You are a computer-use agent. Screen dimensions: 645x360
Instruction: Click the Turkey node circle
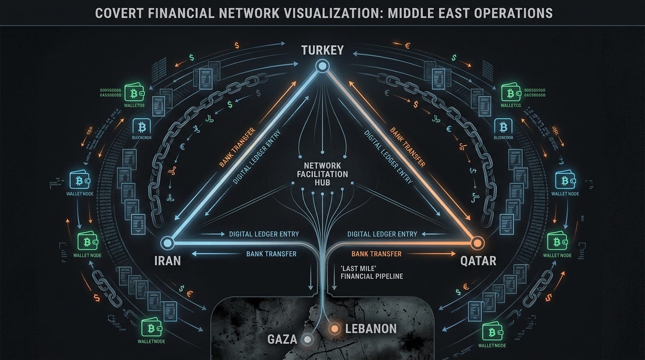pos(322,67)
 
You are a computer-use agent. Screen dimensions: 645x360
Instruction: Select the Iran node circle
pos(167,243)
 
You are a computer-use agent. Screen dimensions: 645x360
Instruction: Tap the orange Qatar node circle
pos(477,243)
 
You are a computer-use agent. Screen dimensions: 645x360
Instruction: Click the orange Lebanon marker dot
pos(335,329)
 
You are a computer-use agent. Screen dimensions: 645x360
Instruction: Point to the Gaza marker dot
pos(307,339)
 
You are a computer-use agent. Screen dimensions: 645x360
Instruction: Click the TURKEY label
pos(322,50)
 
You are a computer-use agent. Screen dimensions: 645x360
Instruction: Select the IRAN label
pos(167,260)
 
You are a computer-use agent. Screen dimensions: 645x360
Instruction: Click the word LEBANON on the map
pos(371,329)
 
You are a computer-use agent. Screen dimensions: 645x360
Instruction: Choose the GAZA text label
pos(282,339)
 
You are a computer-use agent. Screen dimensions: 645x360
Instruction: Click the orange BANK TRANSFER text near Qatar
pos(376,254)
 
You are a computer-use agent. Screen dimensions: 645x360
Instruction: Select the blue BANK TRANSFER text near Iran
pos(271,254)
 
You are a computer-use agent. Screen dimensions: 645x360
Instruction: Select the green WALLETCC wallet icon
pos(510,93)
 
